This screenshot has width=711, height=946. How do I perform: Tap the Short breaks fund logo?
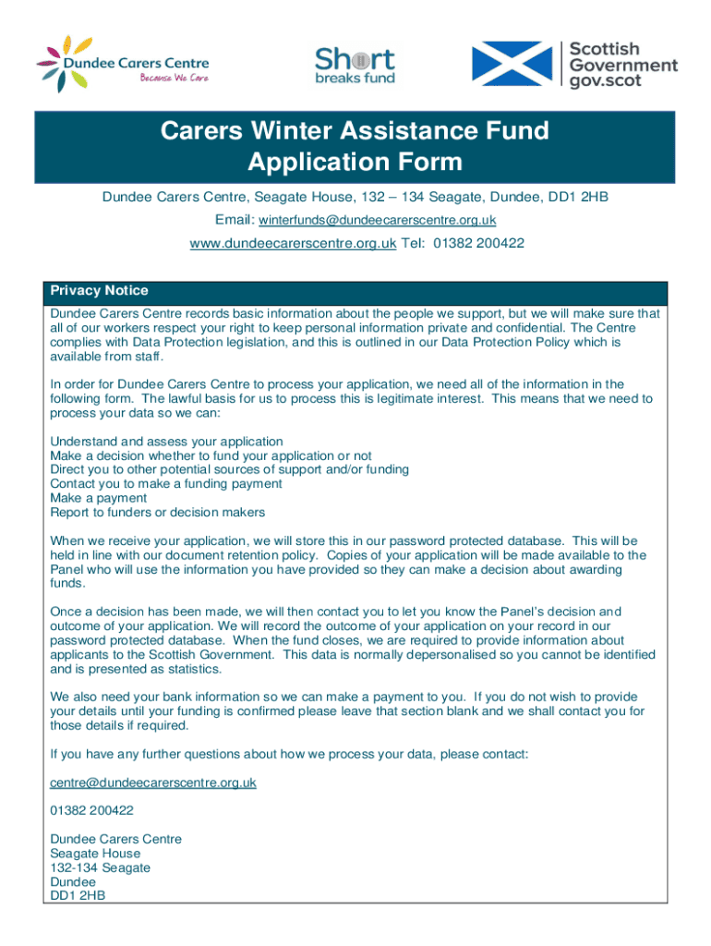[x=355, y=65]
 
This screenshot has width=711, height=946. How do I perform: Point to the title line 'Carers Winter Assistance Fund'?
[x=355, y=131]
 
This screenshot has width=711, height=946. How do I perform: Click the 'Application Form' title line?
[x=355, y=163]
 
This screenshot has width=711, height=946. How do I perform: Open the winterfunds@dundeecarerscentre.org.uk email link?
[x=377, y=220]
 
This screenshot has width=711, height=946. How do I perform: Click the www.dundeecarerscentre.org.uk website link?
[x=293, y=243]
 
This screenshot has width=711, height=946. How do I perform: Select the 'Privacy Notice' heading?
[x=99, y=290]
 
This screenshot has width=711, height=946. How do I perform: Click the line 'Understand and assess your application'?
[x=166, y=442]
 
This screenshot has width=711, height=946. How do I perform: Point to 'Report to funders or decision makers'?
[x=157, y=512]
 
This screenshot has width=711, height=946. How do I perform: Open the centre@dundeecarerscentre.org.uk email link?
[x=153, y=782]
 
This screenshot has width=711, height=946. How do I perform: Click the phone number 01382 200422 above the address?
[x=91, y=810]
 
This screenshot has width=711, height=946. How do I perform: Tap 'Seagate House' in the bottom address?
[x=95, y=854]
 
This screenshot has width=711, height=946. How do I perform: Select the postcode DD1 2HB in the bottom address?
[x=78, y=896]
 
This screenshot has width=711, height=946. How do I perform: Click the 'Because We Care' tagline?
[x=174, y=78]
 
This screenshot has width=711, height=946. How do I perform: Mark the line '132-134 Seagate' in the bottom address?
[x=100, y=867]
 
